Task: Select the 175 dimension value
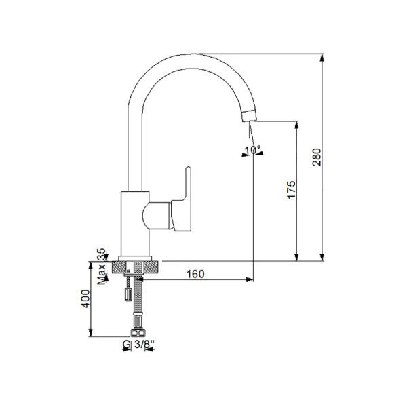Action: pyautogui.click(x=291, y=191)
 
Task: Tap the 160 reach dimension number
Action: pyautogui.click(x=195, y=273)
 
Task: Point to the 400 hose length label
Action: pyautogui.click(x=85, y=299)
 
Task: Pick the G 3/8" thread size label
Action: pyautogui.click(x=138, y=345)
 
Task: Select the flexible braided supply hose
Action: pyautogui.click(x=138, y=305)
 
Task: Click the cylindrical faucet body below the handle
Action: pyautogui.click(x=132, y=224)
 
